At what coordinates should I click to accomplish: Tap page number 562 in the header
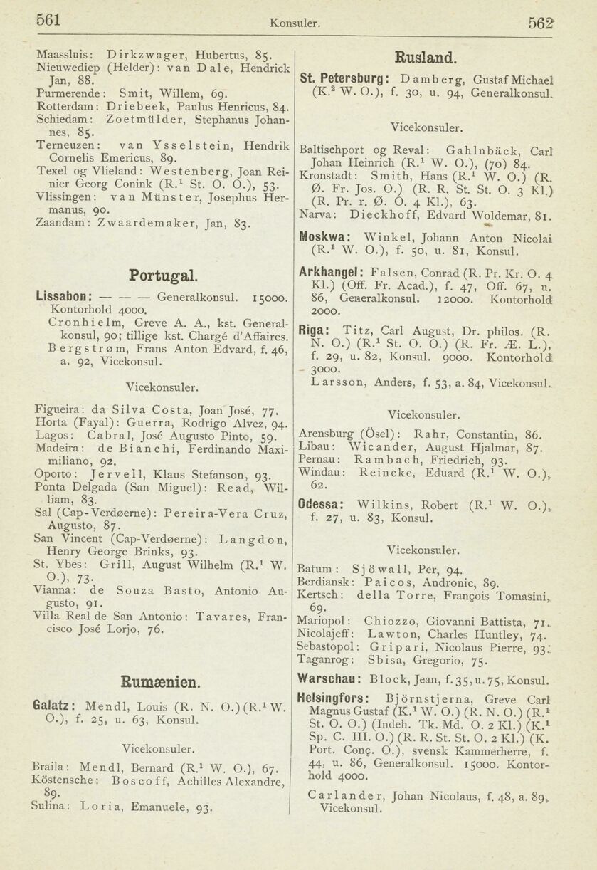point(541,23)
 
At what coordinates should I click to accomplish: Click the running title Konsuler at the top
point(295,23)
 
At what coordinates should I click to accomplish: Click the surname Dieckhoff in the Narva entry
point(392,214)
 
